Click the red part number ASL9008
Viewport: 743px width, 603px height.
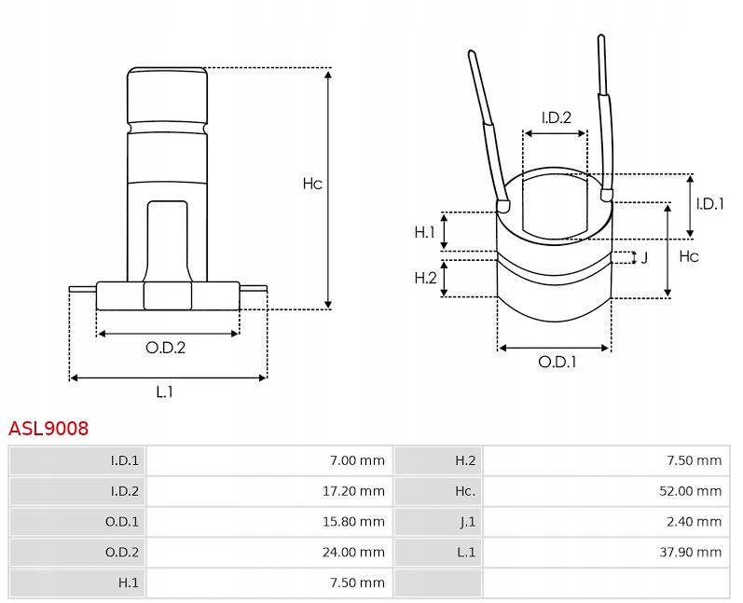(48, 428)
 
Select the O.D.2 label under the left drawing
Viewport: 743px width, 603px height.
(165, 349)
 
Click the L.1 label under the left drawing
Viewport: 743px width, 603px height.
(165, 392)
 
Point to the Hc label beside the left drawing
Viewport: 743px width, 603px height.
(311, 184)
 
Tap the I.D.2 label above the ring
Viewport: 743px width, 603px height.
(556, 117)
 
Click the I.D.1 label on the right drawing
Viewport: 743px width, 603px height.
(710, 203)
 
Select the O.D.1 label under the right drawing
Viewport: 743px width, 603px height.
(557, 363)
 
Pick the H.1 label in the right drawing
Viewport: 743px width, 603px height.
(425, 232)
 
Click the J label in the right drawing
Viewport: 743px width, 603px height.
(644, 257)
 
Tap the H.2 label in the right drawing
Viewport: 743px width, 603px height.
(425, 278)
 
